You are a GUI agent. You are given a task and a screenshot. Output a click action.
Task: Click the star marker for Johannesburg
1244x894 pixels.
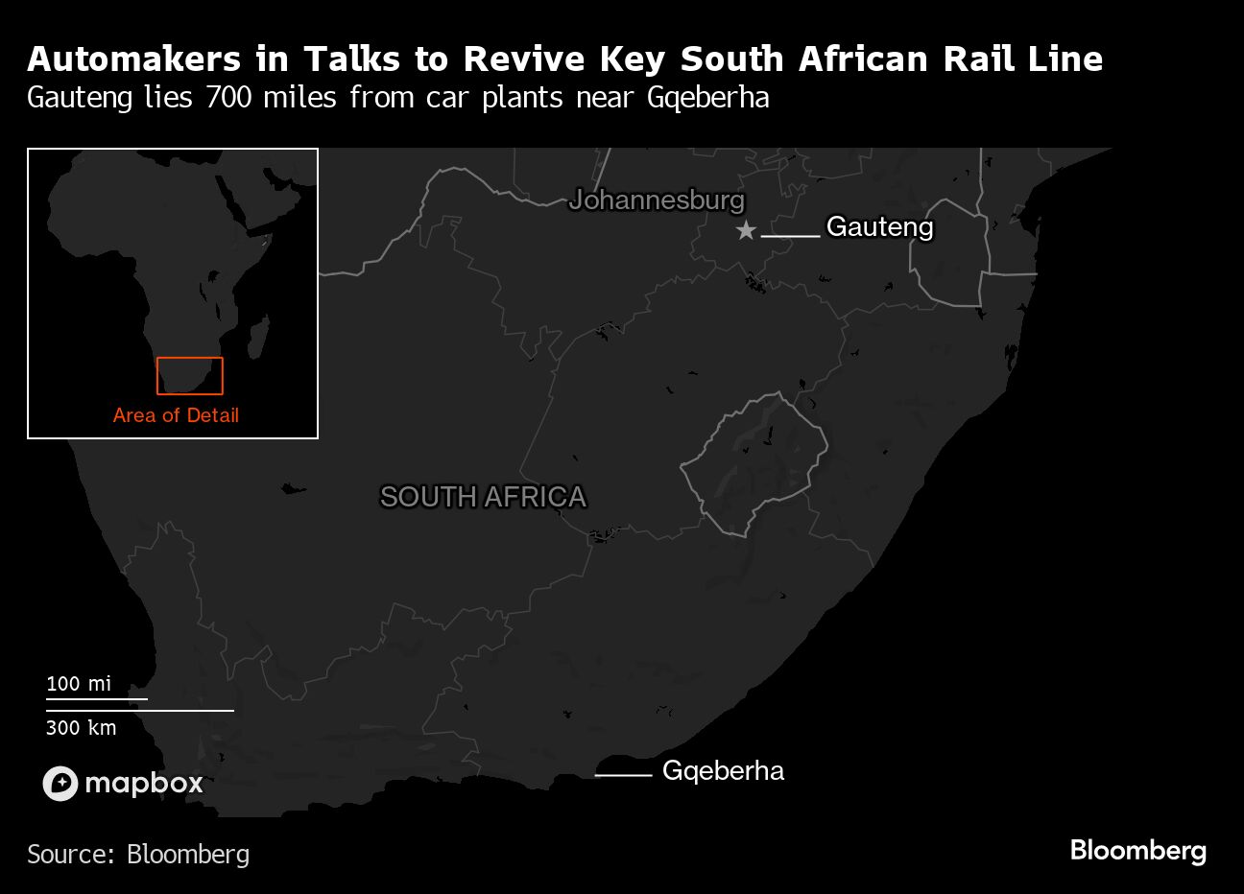(x=746, y=230)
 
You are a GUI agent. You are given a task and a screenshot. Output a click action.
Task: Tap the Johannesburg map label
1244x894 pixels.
(x=657, y=200)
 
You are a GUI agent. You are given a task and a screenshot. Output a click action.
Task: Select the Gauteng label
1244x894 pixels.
(x=879, y=227)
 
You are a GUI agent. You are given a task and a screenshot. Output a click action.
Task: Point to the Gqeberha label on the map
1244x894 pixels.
(x=723, y=771)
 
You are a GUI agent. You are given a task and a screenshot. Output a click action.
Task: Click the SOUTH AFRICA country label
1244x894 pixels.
(x=483, y=497)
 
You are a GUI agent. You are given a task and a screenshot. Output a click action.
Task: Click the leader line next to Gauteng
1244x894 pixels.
(x=791, y=235)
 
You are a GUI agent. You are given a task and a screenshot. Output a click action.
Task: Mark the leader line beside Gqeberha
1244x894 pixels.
(x=623, y=774)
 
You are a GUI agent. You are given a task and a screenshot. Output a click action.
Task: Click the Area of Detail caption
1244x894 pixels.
(x=176, y=415)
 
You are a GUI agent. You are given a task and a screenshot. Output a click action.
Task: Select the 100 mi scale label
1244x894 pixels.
(x=79, y=684)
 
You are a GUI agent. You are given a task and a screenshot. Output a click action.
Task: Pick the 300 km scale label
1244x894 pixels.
(x=82, y=728)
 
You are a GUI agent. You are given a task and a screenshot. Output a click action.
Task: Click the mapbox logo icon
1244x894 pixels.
(x=60, y=784)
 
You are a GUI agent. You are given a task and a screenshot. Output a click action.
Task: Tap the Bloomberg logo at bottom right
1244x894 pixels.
(x=1137, y=850)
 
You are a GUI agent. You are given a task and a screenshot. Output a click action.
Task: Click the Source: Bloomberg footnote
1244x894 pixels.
(x=138, y=854)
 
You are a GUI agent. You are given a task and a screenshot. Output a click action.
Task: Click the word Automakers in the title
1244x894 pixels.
(x=133, y=59)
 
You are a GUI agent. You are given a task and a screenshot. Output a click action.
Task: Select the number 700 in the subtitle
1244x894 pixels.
(x=227, y=98)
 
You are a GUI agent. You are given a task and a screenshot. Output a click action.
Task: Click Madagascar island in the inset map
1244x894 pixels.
(x=258, y=338)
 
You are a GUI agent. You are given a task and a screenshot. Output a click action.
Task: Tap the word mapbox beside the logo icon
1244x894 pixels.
(x=144, y=784)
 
